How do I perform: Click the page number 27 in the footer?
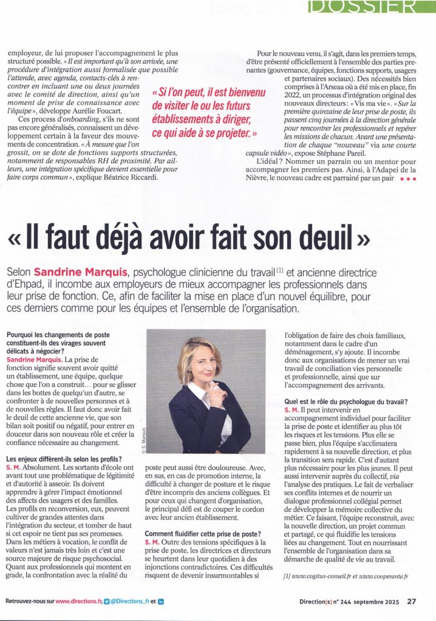point(411,602)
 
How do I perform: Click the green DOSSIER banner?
point(371,7)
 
